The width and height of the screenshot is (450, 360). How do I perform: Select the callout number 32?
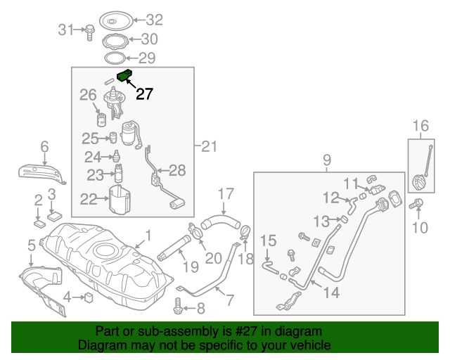coord(153,19)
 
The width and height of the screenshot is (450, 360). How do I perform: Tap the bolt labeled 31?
coord(90,30)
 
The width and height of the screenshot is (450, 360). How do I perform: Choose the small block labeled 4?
coord(89,298)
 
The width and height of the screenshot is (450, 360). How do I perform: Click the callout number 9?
coord(326,161)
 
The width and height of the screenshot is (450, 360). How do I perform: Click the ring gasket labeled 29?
coord(116,57)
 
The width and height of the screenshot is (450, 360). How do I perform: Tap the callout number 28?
coord(177,169)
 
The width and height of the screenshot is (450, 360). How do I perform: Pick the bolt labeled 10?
coord(418,205)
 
